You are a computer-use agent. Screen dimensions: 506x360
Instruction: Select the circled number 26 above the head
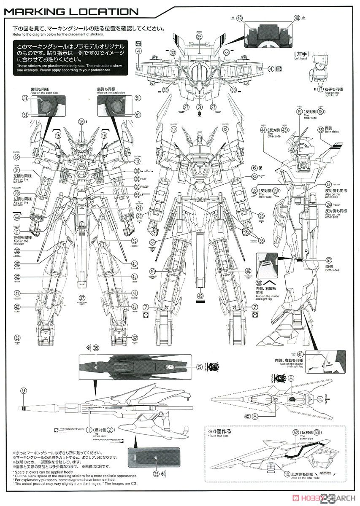81,121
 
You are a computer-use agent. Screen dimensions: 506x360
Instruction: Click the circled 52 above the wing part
284,433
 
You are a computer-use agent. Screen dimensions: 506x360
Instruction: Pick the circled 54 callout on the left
17,217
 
